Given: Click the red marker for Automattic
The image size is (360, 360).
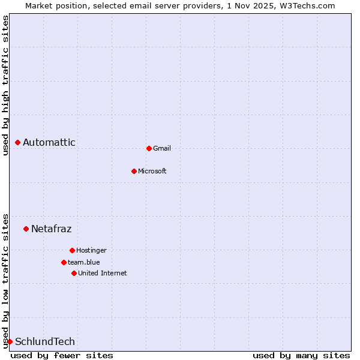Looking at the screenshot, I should pyautogui.click(x=18, y=142).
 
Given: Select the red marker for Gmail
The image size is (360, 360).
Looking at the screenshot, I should pyautogui.click(x=149, y=148).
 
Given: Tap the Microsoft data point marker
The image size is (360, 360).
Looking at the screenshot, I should pyautogui.click(x=134, y=171).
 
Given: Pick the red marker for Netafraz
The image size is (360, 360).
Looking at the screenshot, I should pyautogui.click(x=26, y=229).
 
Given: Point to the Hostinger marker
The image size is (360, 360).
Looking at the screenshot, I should pyautogui.click(x=72, y=250).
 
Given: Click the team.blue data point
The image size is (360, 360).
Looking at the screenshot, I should pyautogui.click(x=64, y=262).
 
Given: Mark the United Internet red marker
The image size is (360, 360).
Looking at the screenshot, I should pyautogui.click(x=74, y=273).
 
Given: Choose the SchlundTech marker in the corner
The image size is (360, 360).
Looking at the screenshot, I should pyautogui.click(x=10, y=341).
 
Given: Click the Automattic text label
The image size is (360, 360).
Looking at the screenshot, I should pyautogui.click(x=49, y=142).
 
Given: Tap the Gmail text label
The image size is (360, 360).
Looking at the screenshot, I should pyautogui.click(x=162, y=148).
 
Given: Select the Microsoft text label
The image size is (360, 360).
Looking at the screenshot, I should pyautogui.click(x=152, y=171).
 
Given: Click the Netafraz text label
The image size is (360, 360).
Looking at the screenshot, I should pyautogui.click(x=52, y=229).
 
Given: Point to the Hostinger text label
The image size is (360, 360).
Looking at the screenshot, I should pyautogui.click(x=91, y=250).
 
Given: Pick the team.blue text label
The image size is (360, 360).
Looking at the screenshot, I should pyautogui.click(x=84, y=262).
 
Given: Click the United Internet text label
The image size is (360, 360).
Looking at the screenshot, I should pyautogui.click(x=103, y=273).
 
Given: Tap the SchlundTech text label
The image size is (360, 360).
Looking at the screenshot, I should pyautogui.click(x=45, y=341).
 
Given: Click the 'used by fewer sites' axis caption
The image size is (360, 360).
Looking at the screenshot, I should pyautogui.click(x=62, y=355).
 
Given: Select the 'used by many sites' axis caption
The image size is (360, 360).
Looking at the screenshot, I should pyautogui.click(x=301, y=355).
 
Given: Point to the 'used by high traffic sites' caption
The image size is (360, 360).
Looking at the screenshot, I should pyautogui.click(x=5, y=85).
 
